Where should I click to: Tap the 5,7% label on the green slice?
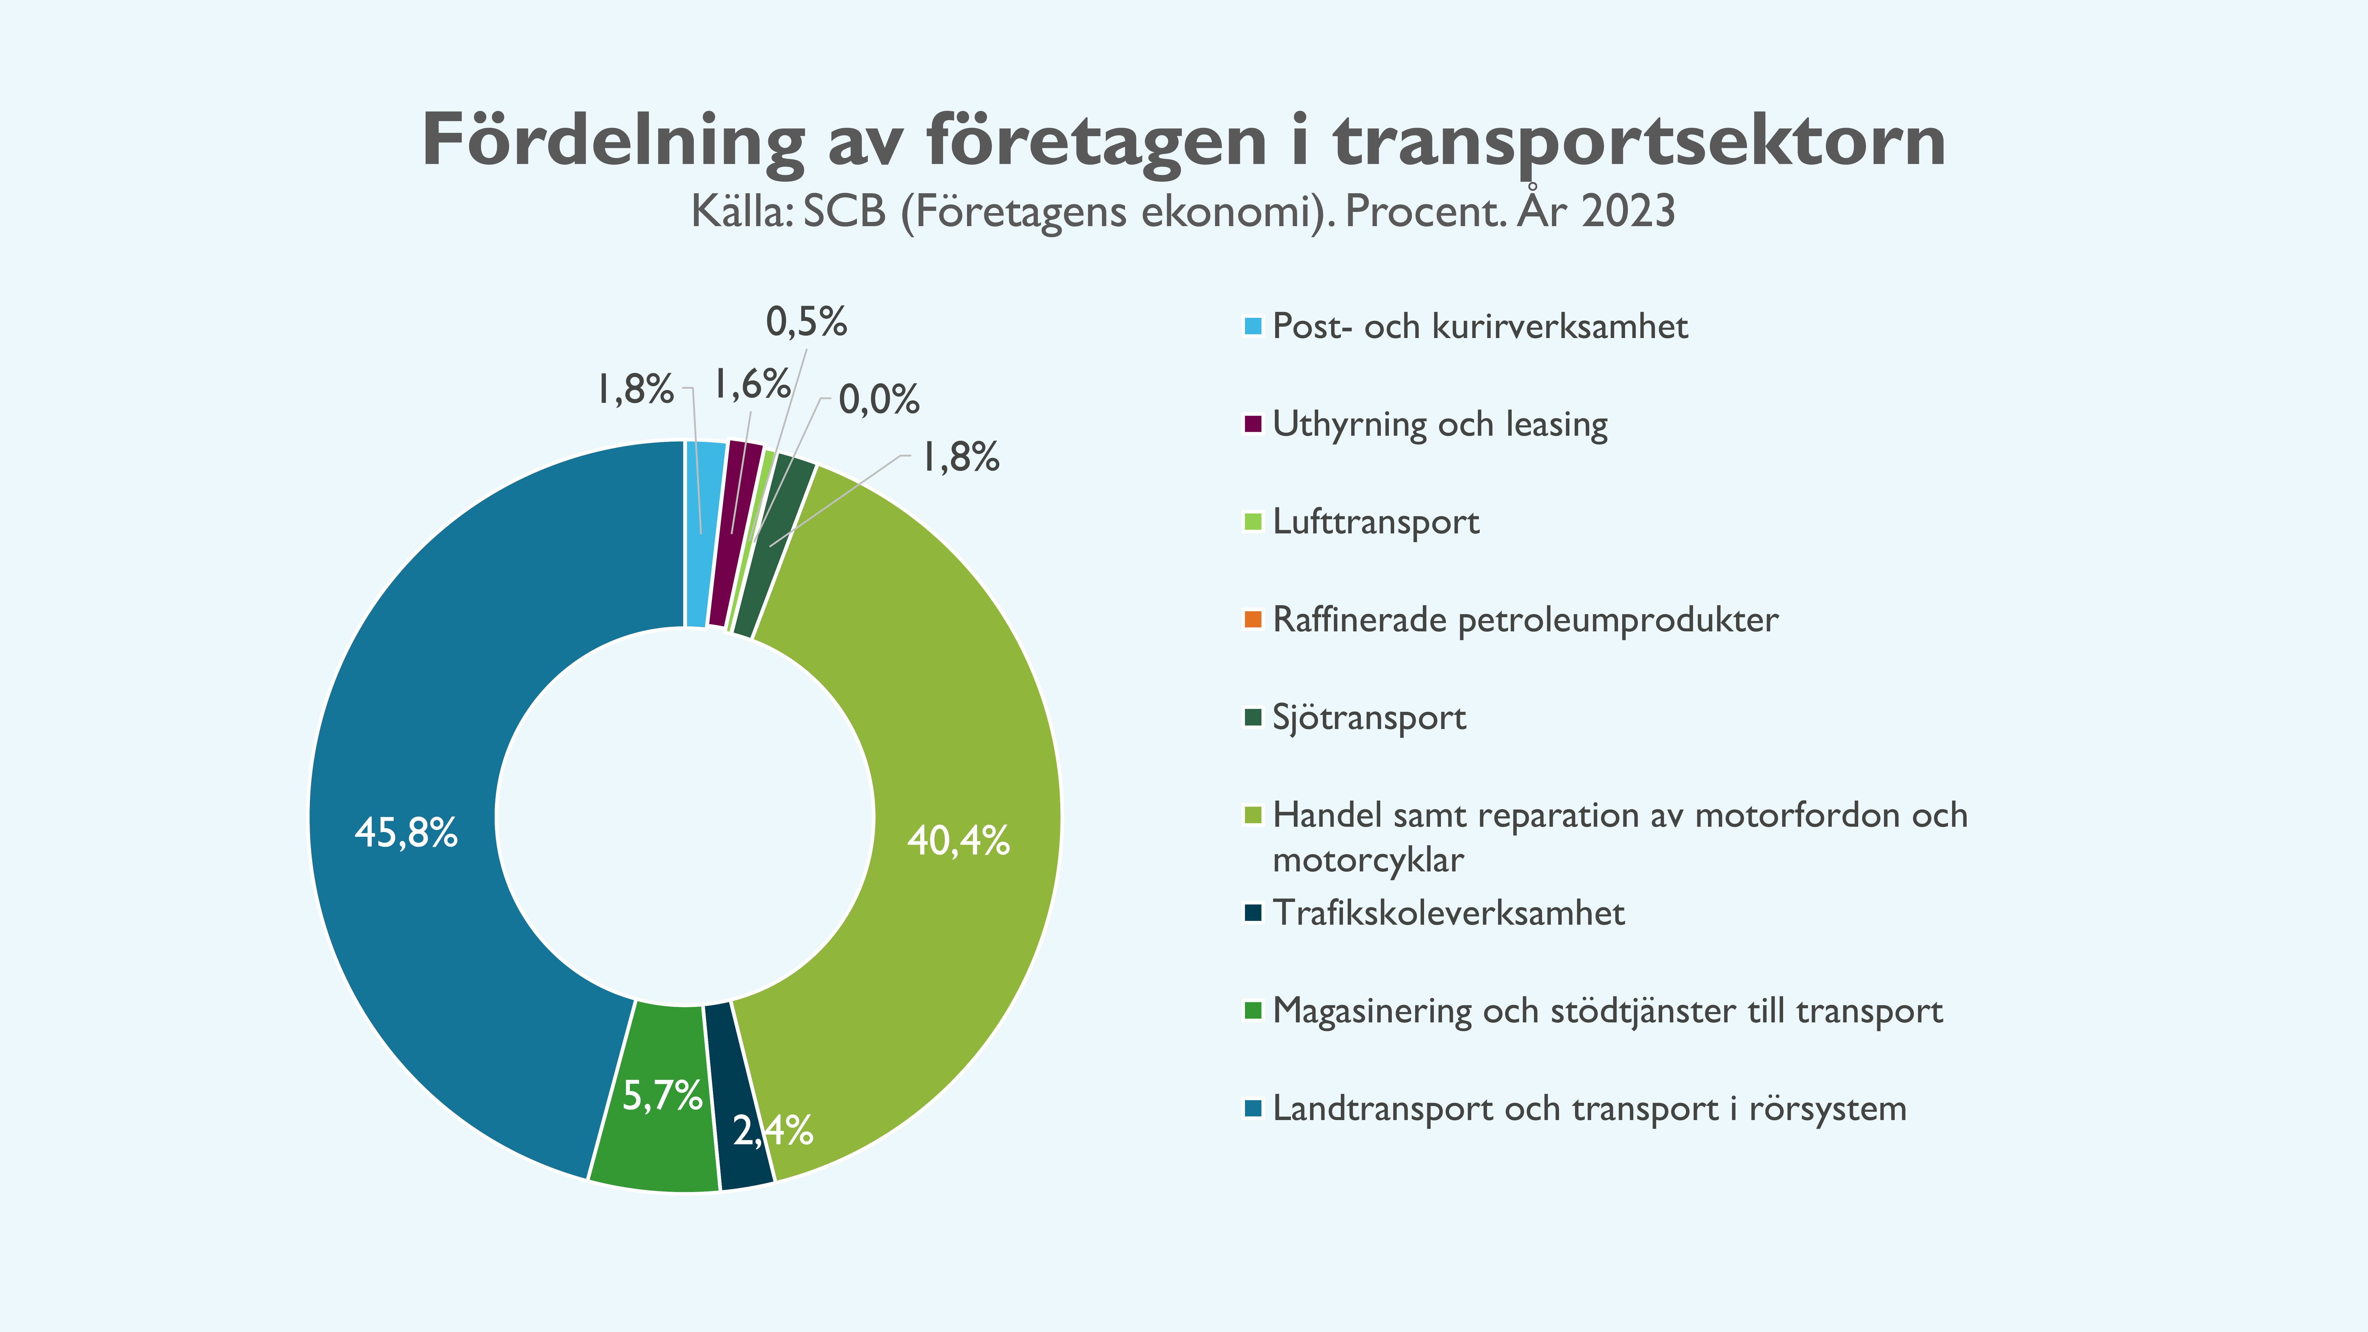(x=662, y=1095)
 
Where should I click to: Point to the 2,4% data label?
(x=772, y=1130)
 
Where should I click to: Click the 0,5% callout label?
(x=806, y=322)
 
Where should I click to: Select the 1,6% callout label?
(x=752, y=384)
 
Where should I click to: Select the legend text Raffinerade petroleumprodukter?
(x=1525, y=620)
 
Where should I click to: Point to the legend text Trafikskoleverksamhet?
(x=1448, y=913)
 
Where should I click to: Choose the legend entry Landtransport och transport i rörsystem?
(x=1588, y=1109)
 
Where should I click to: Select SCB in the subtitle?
(x=844, y=211)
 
